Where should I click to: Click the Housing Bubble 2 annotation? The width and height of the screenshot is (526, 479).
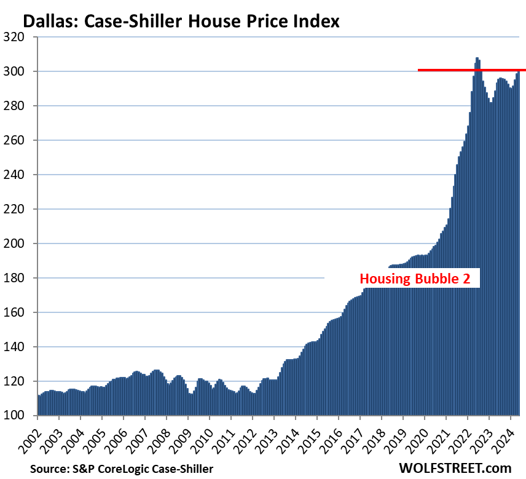(x=415, y=279)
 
